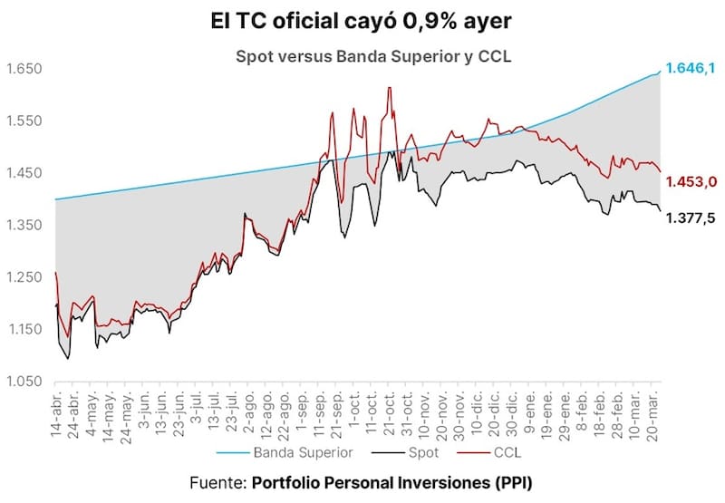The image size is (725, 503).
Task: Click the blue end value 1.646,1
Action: coord(691,68)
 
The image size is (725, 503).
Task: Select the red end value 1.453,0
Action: coord(691,182)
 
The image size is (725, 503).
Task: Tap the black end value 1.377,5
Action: coord(691,218)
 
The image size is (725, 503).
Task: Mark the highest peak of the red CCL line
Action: coord(389,88)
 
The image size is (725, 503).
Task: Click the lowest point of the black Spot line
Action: coord(69,359)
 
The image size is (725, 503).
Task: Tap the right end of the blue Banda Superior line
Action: coord(659,71)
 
